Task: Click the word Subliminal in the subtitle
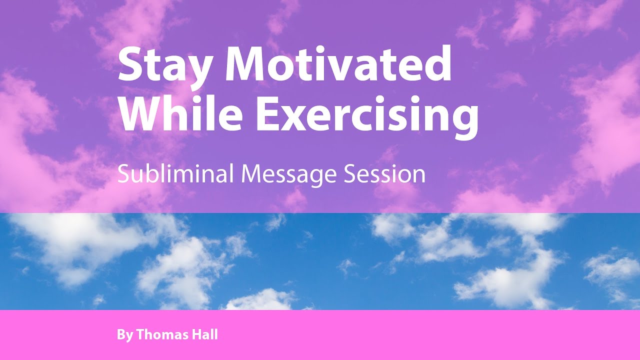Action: click(176, 174)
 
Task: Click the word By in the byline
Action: click(124, 335)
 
